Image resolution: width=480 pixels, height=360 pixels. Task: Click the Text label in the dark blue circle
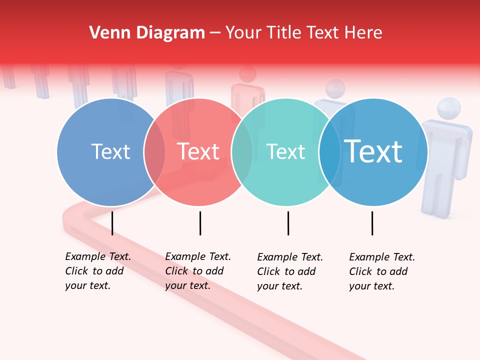tap(110, 151)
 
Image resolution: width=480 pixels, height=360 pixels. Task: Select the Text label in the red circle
tap(198, 151)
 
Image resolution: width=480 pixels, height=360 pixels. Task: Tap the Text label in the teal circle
tap(285, 151)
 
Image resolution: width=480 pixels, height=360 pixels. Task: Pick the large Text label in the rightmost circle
tap(373, 151)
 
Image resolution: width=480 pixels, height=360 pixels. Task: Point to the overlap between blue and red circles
tap(154, 152)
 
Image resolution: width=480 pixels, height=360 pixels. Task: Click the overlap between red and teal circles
tap(242, 152)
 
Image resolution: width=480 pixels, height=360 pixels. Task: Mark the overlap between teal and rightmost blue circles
tap(329, 152)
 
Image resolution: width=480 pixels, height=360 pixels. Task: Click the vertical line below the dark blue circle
tap(112, 223)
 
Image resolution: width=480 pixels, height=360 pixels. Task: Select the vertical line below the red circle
tap(200, 223)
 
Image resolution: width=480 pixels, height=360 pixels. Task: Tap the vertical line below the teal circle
tap(288, 223)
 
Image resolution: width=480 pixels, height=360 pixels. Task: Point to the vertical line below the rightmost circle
tap(372, 223)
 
